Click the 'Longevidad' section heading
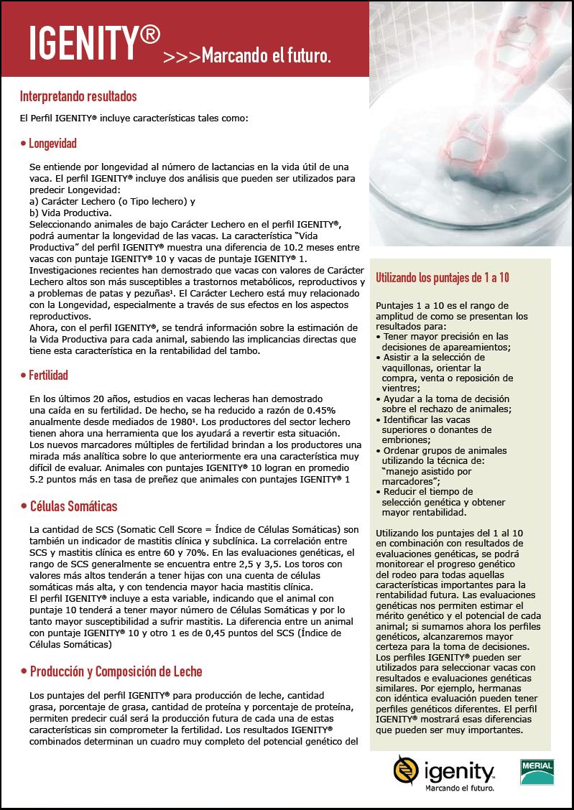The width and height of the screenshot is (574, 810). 52,144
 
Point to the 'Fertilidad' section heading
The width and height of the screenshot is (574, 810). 49,375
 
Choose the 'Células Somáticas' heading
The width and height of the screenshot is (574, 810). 73,507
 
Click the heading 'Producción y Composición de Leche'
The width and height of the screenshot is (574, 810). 116,671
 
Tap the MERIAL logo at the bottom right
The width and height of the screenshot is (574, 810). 536,771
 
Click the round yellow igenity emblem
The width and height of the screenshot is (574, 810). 407,770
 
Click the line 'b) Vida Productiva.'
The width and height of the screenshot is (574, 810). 70,213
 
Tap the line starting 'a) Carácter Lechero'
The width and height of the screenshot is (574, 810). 112,202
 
